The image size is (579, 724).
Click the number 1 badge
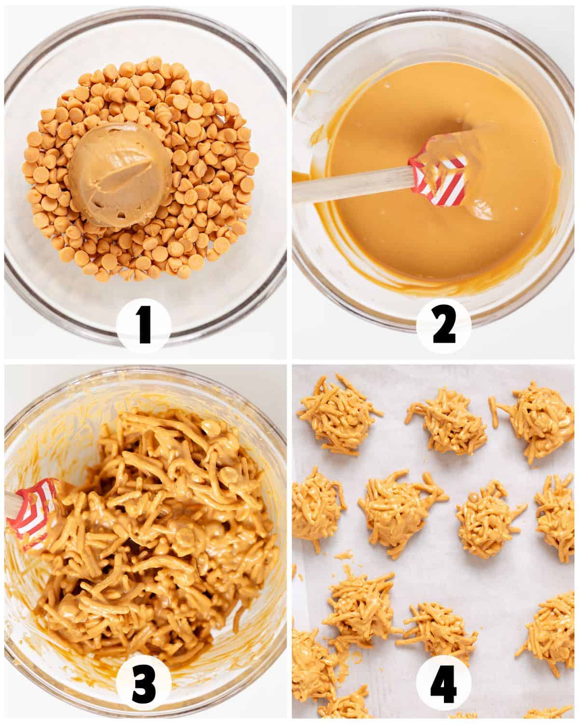click(144, 326)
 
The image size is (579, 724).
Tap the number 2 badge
click(443, 326)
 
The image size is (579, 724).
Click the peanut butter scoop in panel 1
click(120, 174)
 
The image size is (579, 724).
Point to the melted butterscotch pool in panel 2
click(437, 175)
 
